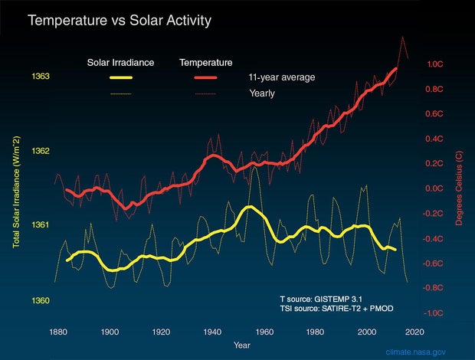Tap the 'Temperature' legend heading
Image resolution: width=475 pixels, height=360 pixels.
click(x=206, y=62)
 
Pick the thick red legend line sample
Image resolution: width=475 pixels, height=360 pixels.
click(x=206, y=78)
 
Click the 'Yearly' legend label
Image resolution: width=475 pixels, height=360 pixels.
click(x=262, y=93)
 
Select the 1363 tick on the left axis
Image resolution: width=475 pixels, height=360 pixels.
click(x=41, y=76)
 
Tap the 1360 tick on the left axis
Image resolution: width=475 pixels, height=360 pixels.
click(x=41, y=300)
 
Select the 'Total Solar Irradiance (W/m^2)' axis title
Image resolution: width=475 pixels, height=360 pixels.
click(x=16, y=191)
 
